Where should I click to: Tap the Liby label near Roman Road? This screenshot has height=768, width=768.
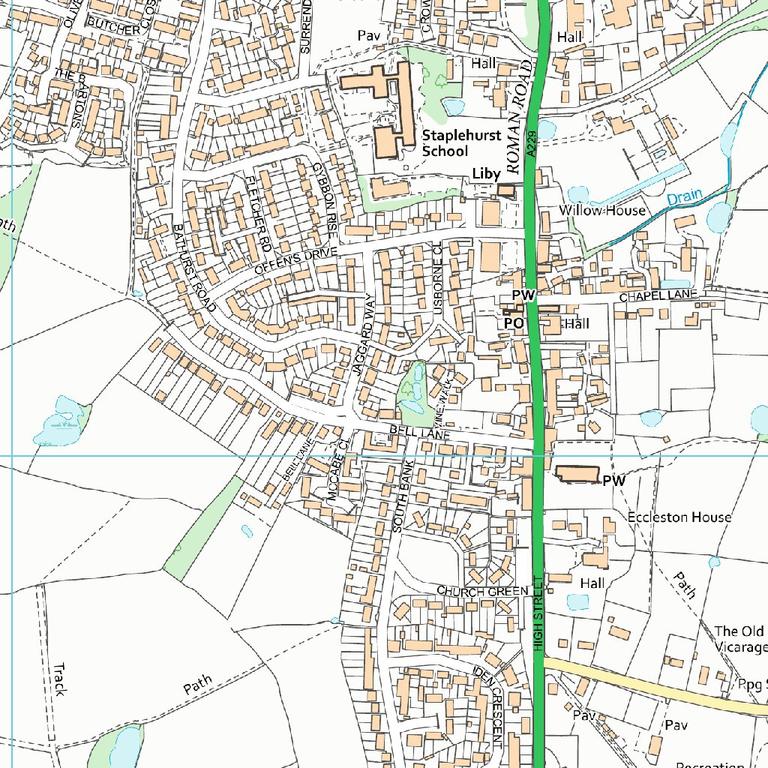click(x=486, y=174)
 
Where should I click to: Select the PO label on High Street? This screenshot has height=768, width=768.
click(x=513, y=323)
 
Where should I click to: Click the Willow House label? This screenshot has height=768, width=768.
click(x=601, y=210)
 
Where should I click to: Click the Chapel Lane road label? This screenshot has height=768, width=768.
click(x=658, y=298)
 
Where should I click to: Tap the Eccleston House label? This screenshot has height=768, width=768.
click(x=679, y=517)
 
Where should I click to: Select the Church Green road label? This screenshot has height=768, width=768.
click(x=483, y=591)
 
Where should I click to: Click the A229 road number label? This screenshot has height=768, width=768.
click(x=531, y=142)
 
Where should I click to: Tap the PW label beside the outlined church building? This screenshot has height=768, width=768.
click(x=613, y=480)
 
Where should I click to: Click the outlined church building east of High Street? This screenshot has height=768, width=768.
click(x=577, y=474)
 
